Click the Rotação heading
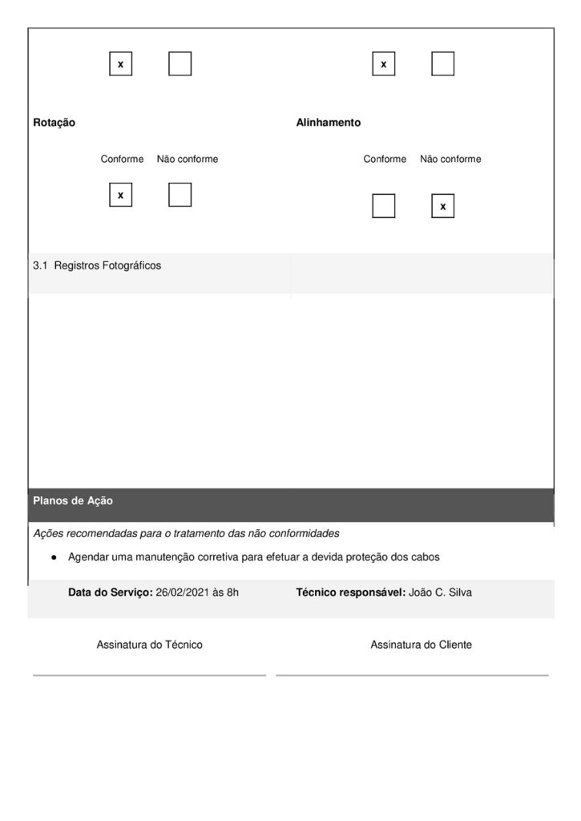pyautogui.click(x=54, y=123)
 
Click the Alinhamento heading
pyautogui.click(x=329, y=123)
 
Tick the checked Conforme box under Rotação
pyautogui.click(x=121, y=195)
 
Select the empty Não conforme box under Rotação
pyautogui.click(x=180, y=195)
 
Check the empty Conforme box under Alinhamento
pyautogui.click(x=384, y=206)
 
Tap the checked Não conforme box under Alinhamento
pyautogui.click(x=442, y=206)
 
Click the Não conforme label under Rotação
pyautogui.click(x=188, y=159)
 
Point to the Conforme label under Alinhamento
pyautogui.click(x=385, y=159)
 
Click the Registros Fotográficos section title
pyautogui.click(x=107, y=265)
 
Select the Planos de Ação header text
pyautogui.click(x=73, y=501)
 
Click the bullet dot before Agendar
pyautogui.click(x=53, y=556)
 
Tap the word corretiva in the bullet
pyautogui.click(x=218, y=556)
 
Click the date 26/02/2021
pyautogui.click(x=184, y=592)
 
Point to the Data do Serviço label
pyautogui.click(x=111, y=592)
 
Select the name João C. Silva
pyautogui.click(x=441, y=592)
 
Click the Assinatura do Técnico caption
pyautogui.click(x=149, y=645)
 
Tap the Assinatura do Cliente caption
pyautogui.click(x=421, y=645)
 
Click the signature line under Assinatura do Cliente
pyautogui.click(x=412, y=675)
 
